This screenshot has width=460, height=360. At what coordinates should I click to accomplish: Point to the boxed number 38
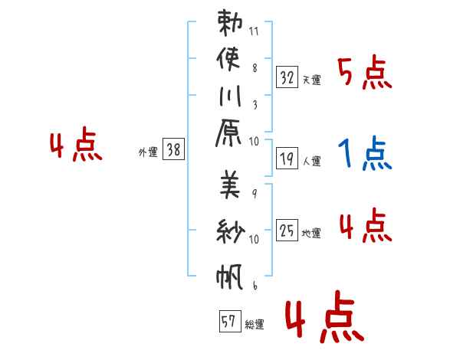[174, 150]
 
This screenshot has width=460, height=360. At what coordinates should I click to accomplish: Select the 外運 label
[148, 152]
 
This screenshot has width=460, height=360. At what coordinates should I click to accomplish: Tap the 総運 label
[255, 325]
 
